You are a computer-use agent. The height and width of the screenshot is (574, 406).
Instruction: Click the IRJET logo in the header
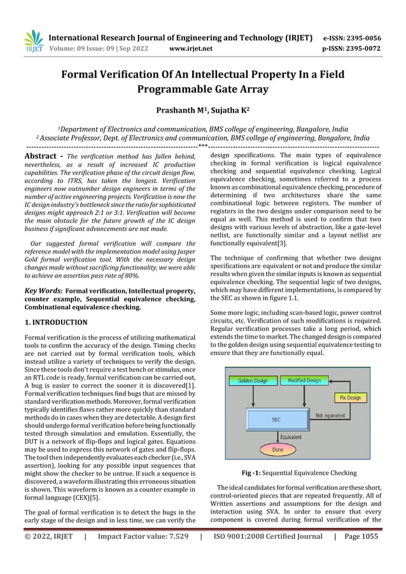tap(32, 41)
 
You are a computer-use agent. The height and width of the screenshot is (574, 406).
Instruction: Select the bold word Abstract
tap(41, 156)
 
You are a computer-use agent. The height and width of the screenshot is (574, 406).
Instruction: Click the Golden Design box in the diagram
tap(253, 381)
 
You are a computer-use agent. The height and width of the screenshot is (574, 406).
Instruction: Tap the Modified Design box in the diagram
tap(304, 381)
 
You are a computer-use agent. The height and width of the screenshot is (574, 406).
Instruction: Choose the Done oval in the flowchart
tap(278, 449)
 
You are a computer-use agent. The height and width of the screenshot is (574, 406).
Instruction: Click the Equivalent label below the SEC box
tap(291, 437)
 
